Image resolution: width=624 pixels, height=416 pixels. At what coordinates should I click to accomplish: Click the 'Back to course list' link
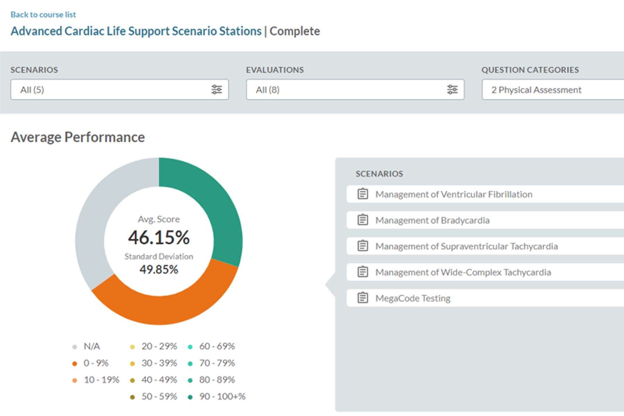pos(43,15)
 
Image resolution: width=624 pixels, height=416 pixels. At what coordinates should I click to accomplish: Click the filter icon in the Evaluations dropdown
pos(452,90)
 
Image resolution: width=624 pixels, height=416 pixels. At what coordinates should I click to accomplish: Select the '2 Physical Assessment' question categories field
pos(551,90)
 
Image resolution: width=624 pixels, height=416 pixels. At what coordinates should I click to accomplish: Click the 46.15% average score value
pos(159,238)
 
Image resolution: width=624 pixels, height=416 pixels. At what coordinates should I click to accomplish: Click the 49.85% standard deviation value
pos(159,269)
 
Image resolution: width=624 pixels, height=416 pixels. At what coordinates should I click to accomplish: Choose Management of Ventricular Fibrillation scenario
pos(453,194)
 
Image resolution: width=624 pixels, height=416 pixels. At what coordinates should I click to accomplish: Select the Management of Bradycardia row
pos(432,220)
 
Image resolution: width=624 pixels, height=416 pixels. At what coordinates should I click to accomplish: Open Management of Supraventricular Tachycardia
pos(466,246)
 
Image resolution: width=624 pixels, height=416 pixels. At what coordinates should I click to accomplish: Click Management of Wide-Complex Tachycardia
pos(463,272)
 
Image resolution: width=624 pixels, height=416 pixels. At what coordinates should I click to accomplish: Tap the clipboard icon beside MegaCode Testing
pos(363,298)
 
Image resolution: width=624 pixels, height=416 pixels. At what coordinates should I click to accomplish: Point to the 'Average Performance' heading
pos(78,137)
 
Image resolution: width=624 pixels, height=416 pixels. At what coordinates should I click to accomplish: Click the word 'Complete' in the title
pos(295,31)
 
